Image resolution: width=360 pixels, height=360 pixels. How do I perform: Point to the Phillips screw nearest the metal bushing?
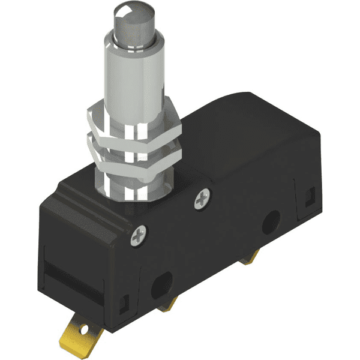pos(203,199)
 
